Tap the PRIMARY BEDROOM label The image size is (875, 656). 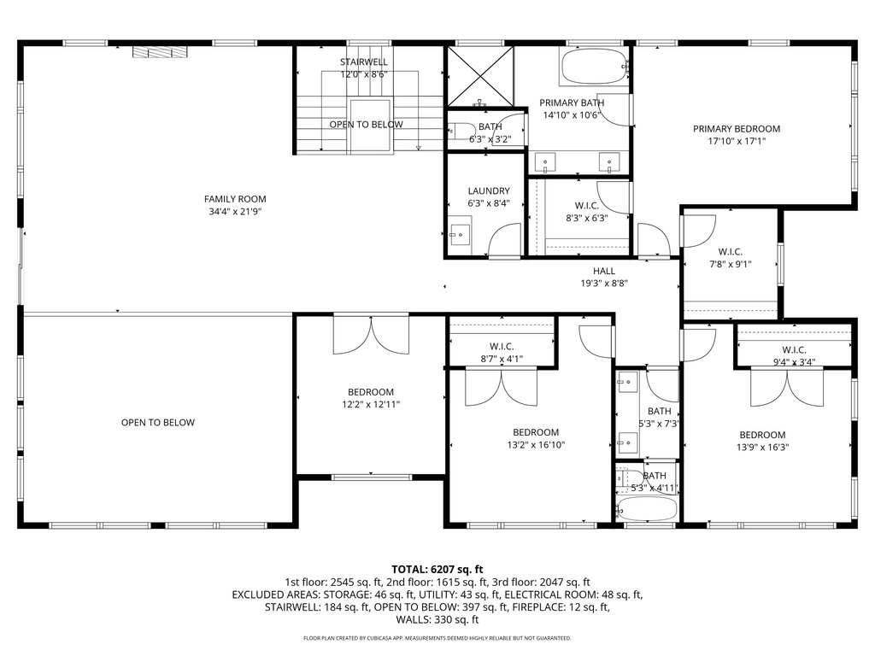coord(736,129)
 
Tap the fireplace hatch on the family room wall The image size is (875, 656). coord(159,52)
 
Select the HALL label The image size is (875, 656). coord(604,271)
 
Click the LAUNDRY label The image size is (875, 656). coord(489,191)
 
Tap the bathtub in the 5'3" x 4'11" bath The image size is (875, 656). coord(646,509)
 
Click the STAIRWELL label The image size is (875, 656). coord(364,62)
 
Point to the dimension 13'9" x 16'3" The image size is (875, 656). coord(762,448)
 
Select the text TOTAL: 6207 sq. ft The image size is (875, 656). coord(437,569)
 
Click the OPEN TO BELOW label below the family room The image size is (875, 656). coord(157,423)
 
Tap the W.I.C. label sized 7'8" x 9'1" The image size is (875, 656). coord(730,252)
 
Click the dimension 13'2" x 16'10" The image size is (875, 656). coord(536,445)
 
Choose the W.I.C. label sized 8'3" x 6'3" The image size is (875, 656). coord(586,206)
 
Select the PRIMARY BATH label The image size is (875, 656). coord(572,102)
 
